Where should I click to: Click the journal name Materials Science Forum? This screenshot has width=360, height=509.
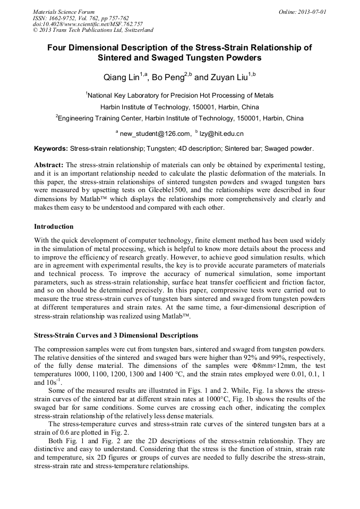click(x=64, y=11)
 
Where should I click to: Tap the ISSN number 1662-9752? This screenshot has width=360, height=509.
click(x=64, y=18)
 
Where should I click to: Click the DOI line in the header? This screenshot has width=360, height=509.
click(x=88, y=24)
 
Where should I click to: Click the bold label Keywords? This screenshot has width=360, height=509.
click(x=51, y=149)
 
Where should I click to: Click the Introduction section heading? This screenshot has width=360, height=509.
click(x=54, y=227)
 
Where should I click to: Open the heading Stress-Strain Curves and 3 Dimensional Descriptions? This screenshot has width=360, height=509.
click(x=116, y=335)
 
